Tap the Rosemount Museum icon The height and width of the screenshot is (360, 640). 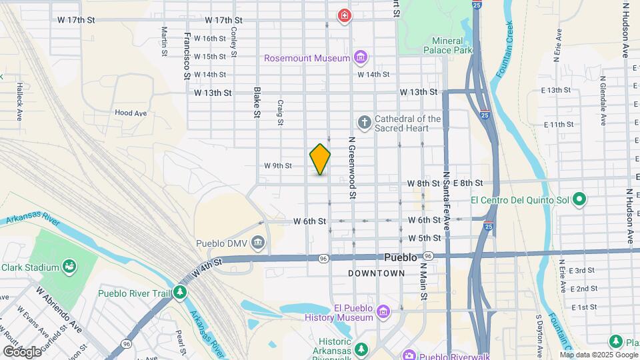361,58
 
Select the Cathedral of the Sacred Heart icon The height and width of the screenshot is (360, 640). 364,122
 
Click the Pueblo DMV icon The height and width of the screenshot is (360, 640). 258,243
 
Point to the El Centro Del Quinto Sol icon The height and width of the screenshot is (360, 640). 579,199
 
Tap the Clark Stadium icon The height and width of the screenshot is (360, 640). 69,267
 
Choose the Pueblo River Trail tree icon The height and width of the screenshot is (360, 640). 180,293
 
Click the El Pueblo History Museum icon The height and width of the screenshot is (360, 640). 383,312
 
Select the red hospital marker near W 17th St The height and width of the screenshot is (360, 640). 344,15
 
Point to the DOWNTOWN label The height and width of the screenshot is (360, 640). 377,273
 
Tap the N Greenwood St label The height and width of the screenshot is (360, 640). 350,167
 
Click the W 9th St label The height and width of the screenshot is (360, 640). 278,165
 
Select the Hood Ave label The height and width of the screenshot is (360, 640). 131,113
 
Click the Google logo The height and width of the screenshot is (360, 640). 21,351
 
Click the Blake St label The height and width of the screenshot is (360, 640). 256,102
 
